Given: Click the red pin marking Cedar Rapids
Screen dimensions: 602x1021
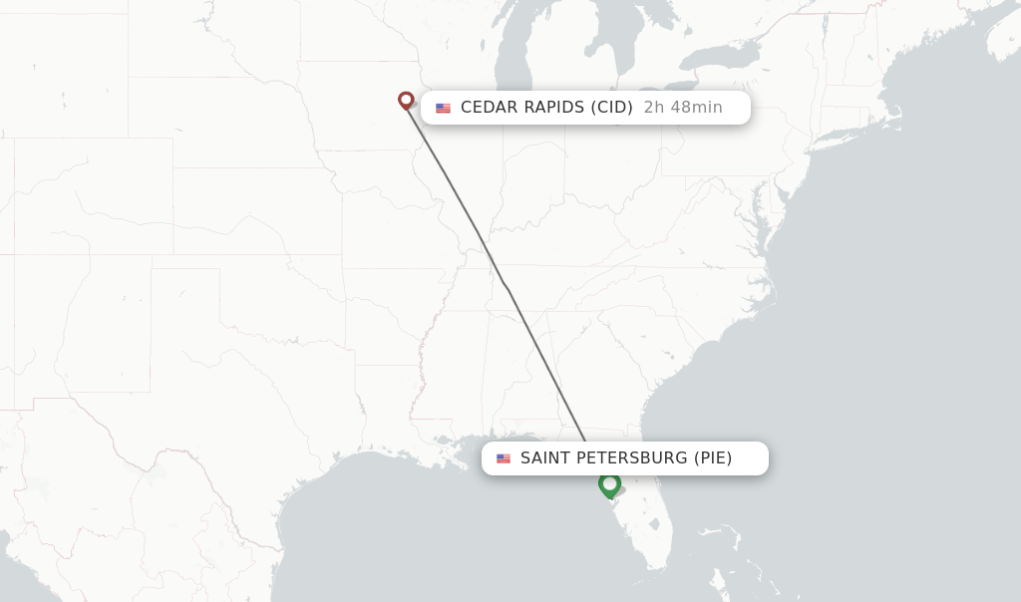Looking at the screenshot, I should coord(406,100).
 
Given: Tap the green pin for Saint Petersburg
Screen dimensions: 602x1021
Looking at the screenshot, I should coord(609,484).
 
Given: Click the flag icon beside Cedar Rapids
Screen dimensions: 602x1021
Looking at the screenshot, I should coord(443,108).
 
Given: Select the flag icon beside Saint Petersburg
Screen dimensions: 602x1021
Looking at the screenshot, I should coord(504,458).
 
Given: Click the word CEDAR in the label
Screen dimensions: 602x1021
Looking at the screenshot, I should coord(489,108).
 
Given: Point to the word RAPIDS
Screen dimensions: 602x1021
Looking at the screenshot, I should coord(554,108).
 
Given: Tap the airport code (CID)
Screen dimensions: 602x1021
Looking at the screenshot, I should coord(611,108).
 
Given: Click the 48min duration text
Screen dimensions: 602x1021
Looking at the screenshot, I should coord(695,108).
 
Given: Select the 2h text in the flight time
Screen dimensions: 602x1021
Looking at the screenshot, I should coord(654,108).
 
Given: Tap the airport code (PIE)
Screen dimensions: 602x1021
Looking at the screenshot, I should coord(713,458).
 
